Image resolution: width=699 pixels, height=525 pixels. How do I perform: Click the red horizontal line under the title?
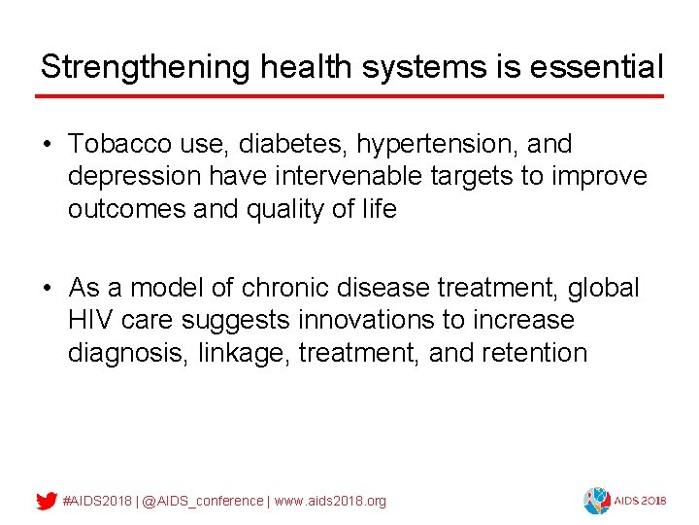coord(349,96)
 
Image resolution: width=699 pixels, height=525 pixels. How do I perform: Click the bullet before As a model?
coord(48,289)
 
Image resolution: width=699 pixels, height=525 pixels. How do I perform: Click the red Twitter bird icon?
coord(46,501)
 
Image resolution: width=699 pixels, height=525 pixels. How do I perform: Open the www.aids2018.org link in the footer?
coord(330,501)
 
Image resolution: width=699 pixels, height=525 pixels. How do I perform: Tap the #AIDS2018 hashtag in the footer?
coord(97,501)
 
